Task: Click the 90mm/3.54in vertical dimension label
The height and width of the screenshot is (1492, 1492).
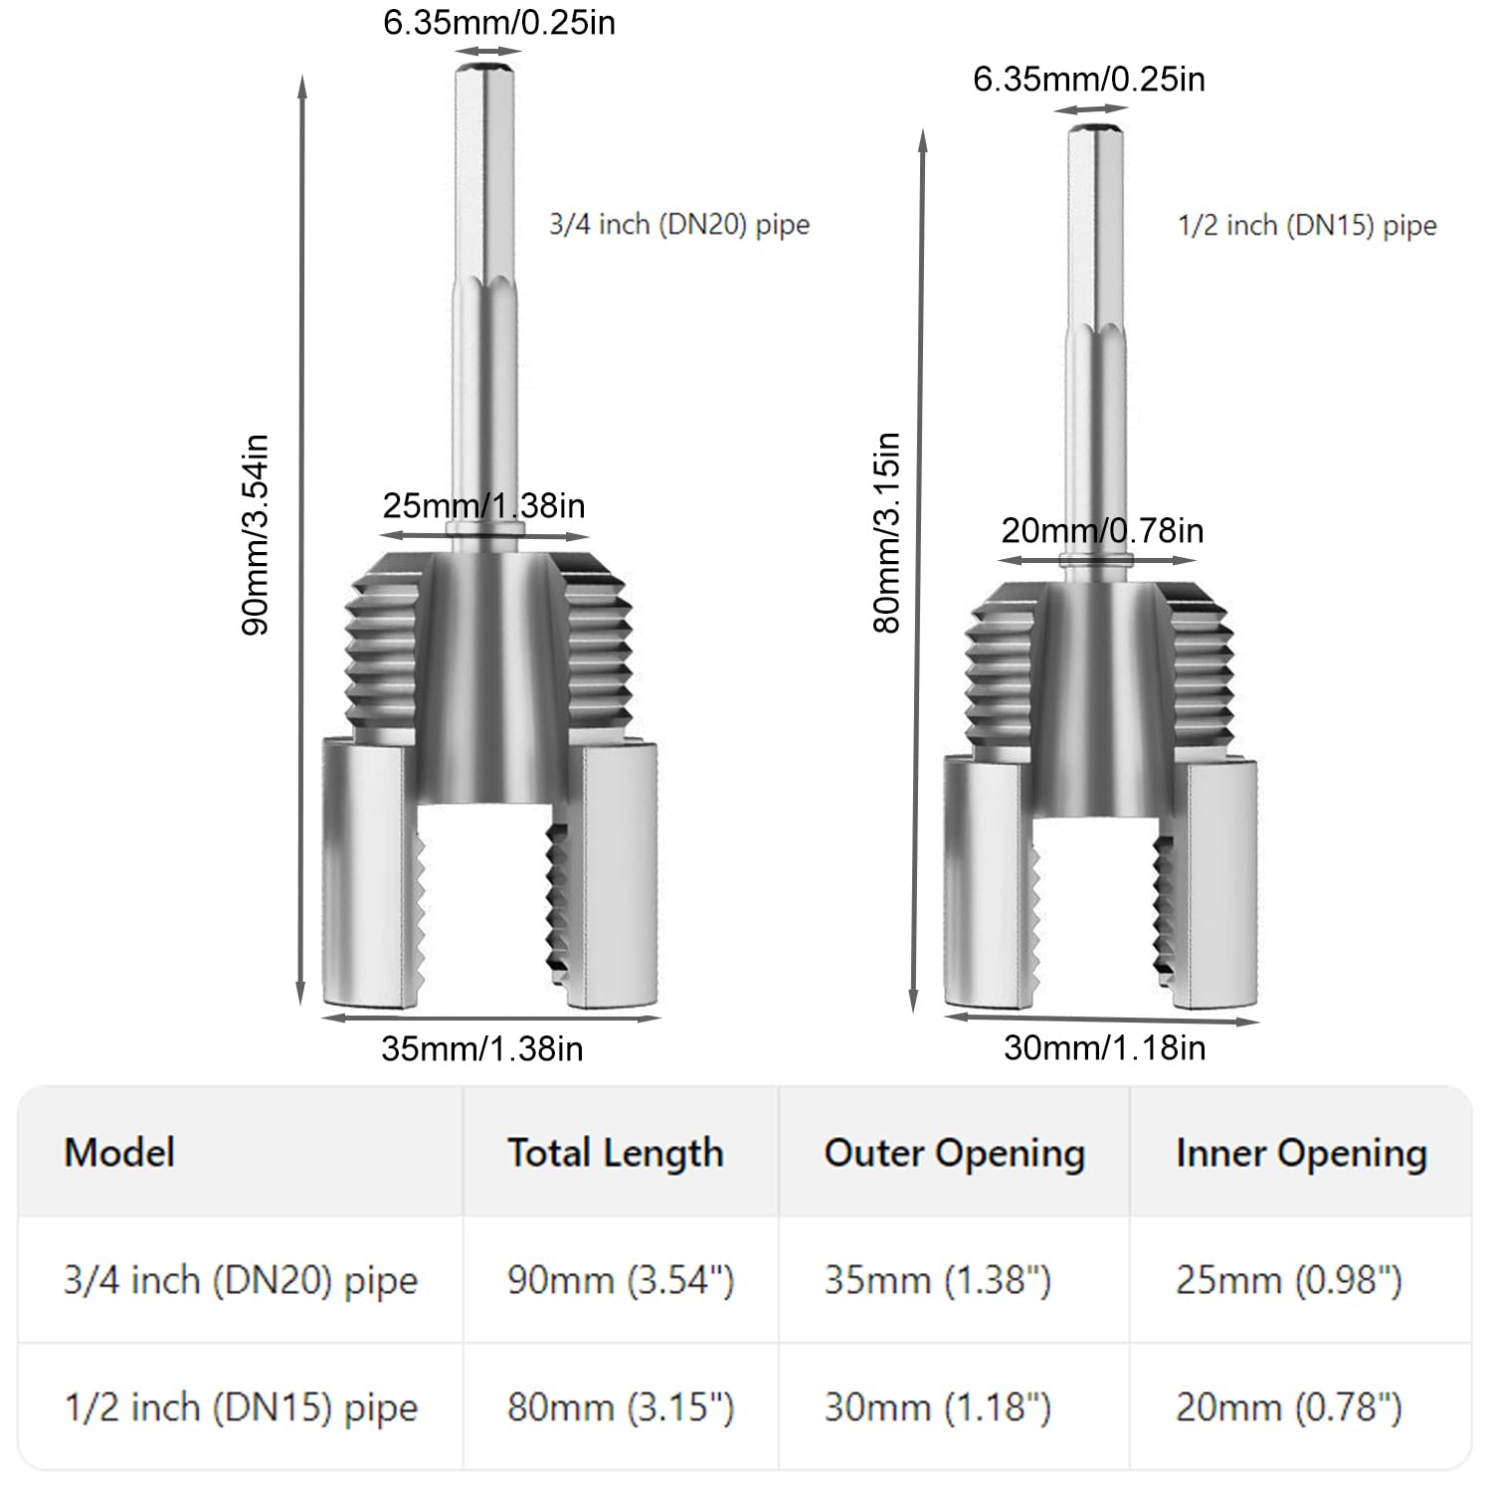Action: pyautogui.click(x=255, y=534)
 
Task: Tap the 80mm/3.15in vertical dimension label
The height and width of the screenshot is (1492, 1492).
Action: pyautogui.click(x=886, y=532)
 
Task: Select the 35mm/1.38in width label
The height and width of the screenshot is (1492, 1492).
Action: pyautogui.click(x=482, y=1048)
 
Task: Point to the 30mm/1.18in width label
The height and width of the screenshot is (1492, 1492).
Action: pyautogui.click(x=1104, y=1047)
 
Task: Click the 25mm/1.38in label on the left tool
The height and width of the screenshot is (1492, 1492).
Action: pyautogui.click(x=483, y=505)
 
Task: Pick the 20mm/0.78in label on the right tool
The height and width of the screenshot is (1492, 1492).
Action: pyautogui.click(x=1102, y=530)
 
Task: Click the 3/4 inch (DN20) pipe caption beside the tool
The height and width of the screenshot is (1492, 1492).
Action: pyautogui.click(x=679, y=225)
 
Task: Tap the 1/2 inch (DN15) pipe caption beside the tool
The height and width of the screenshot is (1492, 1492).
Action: pyautogui.click(x=1307, y=226)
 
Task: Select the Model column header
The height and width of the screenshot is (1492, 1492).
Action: pyautogui.click(x=119, y=1153)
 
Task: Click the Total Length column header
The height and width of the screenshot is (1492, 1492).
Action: pyautogui.click(x=616, y=1154)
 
